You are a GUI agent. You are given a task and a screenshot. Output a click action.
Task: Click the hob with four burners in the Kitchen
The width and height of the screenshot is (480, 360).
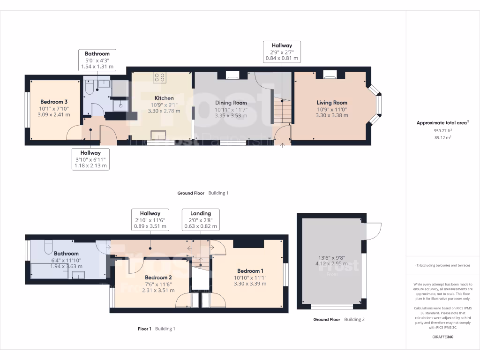point(159,77)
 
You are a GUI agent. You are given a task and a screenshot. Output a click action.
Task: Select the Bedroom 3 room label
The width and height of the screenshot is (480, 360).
point(54,102)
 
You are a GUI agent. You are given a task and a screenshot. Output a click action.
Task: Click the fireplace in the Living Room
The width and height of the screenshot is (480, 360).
point(330,74)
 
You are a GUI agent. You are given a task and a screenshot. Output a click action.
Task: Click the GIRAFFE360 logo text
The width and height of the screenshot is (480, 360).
point(443,337)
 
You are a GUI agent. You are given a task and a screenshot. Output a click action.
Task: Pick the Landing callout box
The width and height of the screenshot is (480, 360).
point(201,219)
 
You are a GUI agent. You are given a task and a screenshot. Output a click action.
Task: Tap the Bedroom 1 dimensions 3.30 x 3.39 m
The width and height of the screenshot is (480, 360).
point(250,284)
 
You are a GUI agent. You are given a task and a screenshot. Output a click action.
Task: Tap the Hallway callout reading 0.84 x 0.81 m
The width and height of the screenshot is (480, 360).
point(282,52)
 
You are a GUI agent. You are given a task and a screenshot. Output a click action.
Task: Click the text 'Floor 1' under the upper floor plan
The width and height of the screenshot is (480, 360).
point(144,329)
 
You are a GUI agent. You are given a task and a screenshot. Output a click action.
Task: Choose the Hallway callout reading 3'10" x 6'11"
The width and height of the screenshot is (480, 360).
point(90,159)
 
